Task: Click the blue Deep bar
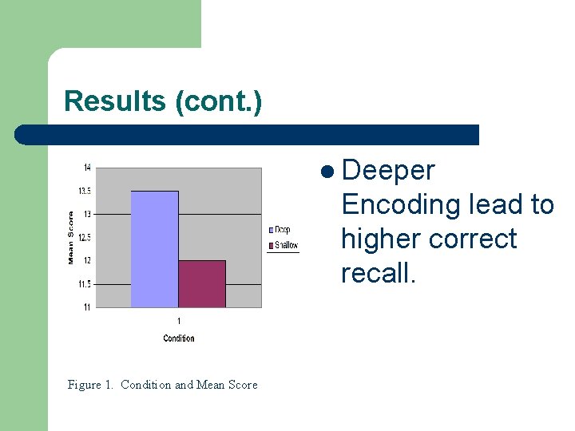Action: [154, 249]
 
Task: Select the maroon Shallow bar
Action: [201, 283]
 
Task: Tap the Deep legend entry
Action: [280, 230]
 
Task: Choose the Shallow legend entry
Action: [284, 245]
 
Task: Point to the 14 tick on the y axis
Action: [86, 168]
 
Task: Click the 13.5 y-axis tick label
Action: [84, 191]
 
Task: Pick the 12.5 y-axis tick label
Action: [84, 238]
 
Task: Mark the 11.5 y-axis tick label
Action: [84, 284]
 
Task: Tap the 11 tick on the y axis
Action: [86, 307]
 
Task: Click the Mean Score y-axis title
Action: [71, 237]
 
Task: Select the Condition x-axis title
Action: [179, 338]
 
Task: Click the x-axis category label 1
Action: [179, 321]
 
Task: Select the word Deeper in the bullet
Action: [387, 171]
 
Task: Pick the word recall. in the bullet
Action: [378, 273]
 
